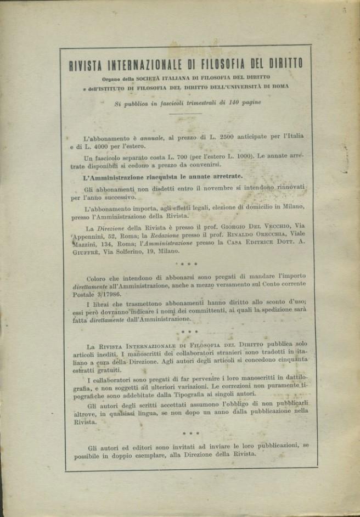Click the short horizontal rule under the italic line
click(186, 114)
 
